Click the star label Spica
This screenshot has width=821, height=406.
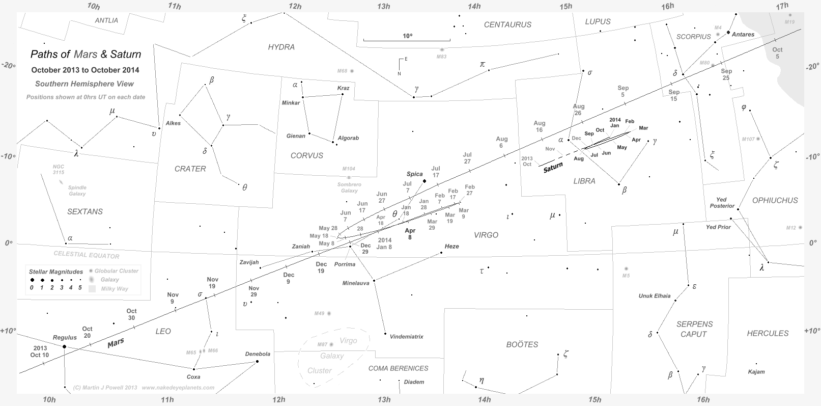click(414, 174)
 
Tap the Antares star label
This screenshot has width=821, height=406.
click(744, 35)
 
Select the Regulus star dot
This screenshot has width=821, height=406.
click(64, 346)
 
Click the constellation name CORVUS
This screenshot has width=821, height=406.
click(306, 155)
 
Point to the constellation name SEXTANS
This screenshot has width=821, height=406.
click(85, 211)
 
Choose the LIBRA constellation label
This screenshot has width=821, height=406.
click(584, 181)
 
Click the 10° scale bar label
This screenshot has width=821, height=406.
click(407, 36)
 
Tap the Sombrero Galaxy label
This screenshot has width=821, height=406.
click(349, 187)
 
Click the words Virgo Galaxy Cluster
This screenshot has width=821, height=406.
click(333, 356)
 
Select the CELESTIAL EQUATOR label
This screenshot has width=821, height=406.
click(87, 255)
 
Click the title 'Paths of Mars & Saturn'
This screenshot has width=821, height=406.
click(86, 55)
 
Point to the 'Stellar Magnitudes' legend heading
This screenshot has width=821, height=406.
click(56, 272)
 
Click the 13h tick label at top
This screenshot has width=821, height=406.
click(384, 6)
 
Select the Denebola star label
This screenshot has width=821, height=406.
click(258, 354)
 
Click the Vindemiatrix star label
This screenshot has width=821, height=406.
click(406, 337)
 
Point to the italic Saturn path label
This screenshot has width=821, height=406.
click(553, 167)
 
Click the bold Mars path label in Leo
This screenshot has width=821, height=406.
click(116, 343)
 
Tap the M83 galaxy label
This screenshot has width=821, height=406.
click(441, 57)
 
